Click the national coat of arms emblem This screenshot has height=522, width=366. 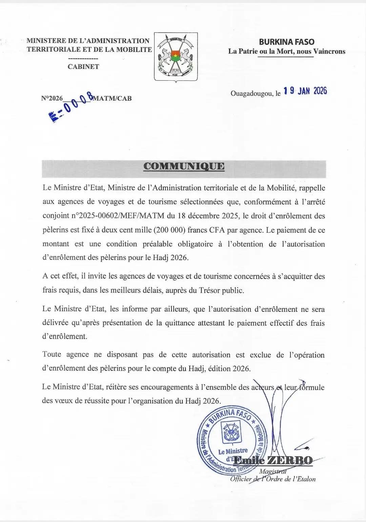pyautogui.click(x=176, y=57)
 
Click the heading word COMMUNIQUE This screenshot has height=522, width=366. pyautogui.click(x=184, y=166)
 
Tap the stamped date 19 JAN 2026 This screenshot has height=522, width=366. pyautogui.click(x=305, y=91)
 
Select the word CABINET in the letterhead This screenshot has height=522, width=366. pyautogui.click(x=83, y=66)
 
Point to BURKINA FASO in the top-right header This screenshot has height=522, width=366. pyautogui.click(x=287, y=42)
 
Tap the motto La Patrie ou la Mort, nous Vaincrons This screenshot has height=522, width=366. pyautogui.click(x=287, y=51)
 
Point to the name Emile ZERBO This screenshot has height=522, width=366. pyautogui.click(x=273, y=460)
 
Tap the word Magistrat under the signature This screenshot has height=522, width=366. pyautogui.click(x=273, y=471)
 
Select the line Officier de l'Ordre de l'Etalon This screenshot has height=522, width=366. pyautogui.click(x=273, y=479)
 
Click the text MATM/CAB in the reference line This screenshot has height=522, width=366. pyautogui.click(x=112, y=98)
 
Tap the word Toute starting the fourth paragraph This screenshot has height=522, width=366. pyautogui.click(x=52, y=355)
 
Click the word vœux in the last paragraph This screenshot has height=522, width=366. pyautogui.click(x=63, y=401)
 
